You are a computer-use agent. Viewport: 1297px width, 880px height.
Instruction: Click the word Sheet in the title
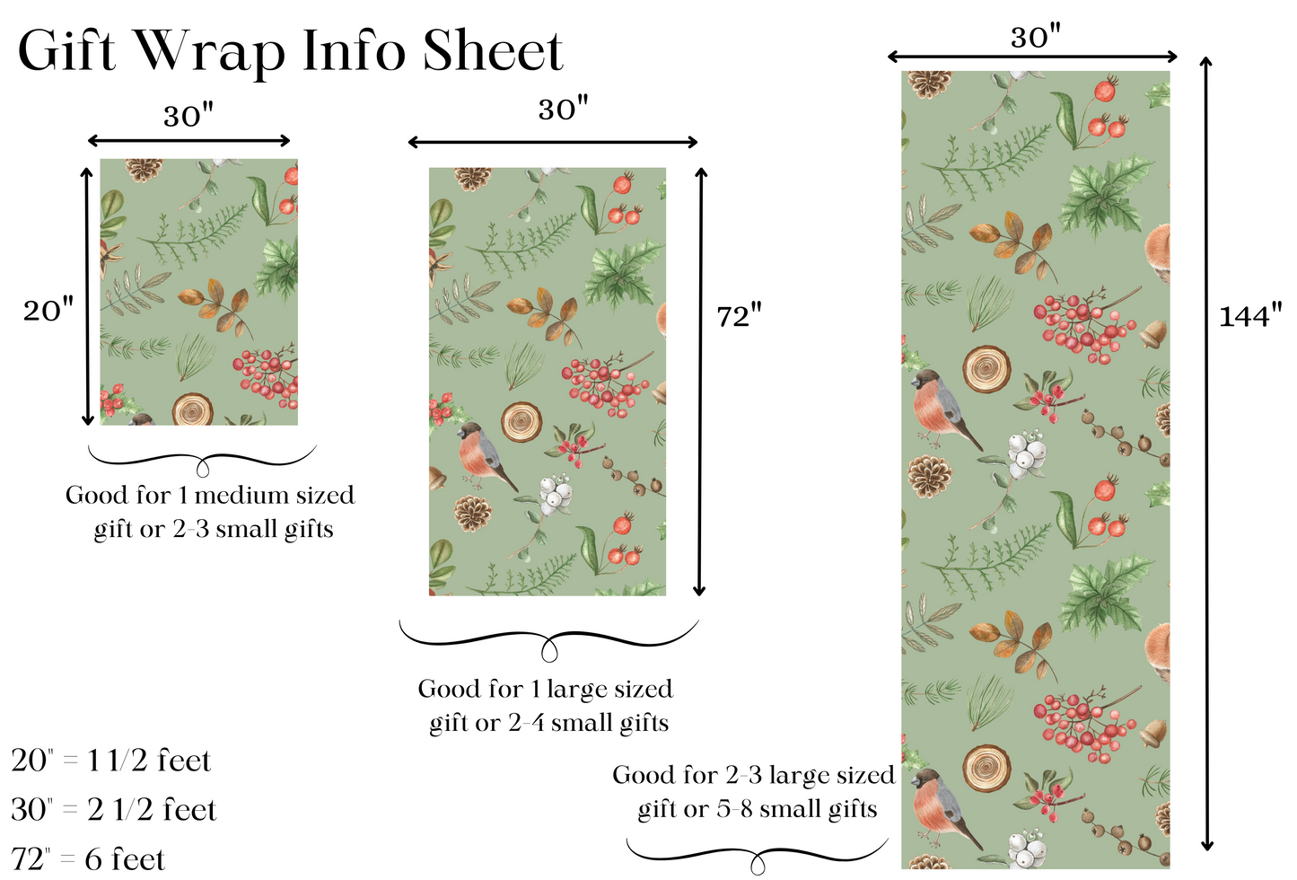[x=492, y=51]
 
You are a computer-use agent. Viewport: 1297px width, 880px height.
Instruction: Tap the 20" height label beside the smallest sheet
[x=48, y=311]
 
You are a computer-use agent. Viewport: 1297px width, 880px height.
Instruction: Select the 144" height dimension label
[x=1249, y=316]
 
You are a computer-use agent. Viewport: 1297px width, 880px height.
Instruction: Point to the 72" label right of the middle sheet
[x=739, y=316]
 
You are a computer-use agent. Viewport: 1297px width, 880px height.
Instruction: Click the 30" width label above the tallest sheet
[x=1035, y=38]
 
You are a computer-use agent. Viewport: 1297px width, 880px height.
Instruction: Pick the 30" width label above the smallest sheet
[x=188, y=117]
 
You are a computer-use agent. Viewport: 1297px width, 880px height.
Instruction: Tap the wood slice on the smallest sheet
[x=192, y=409]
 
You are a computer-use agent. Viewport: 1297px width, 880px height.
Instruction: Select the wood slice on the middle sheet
[x=521, y=421]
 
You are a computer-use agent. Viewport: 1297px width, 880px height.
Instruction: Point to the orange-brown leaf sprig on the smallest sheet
[x=216, y=303]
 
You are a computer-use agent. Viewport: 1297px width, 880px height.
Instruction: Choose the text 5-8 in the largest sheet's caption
[x=736, y=810]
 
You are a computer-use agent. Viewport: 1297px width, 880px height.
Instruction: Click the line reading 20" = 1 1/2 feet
[x=111, y=761]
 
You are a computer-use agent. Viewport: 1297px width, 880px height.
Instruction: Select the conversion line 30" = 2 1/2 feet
[x=114, y=810]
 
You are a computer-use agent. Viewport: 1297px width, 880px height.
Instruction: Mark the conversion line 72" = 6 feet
[x=89, y=859]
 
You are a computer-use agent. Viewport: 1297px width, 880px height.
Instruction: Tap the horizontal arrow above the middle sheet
[x=552, y=142]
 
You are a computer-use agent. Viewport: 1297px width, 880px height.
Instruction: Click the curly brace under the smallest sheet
[x=203, y=461]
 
